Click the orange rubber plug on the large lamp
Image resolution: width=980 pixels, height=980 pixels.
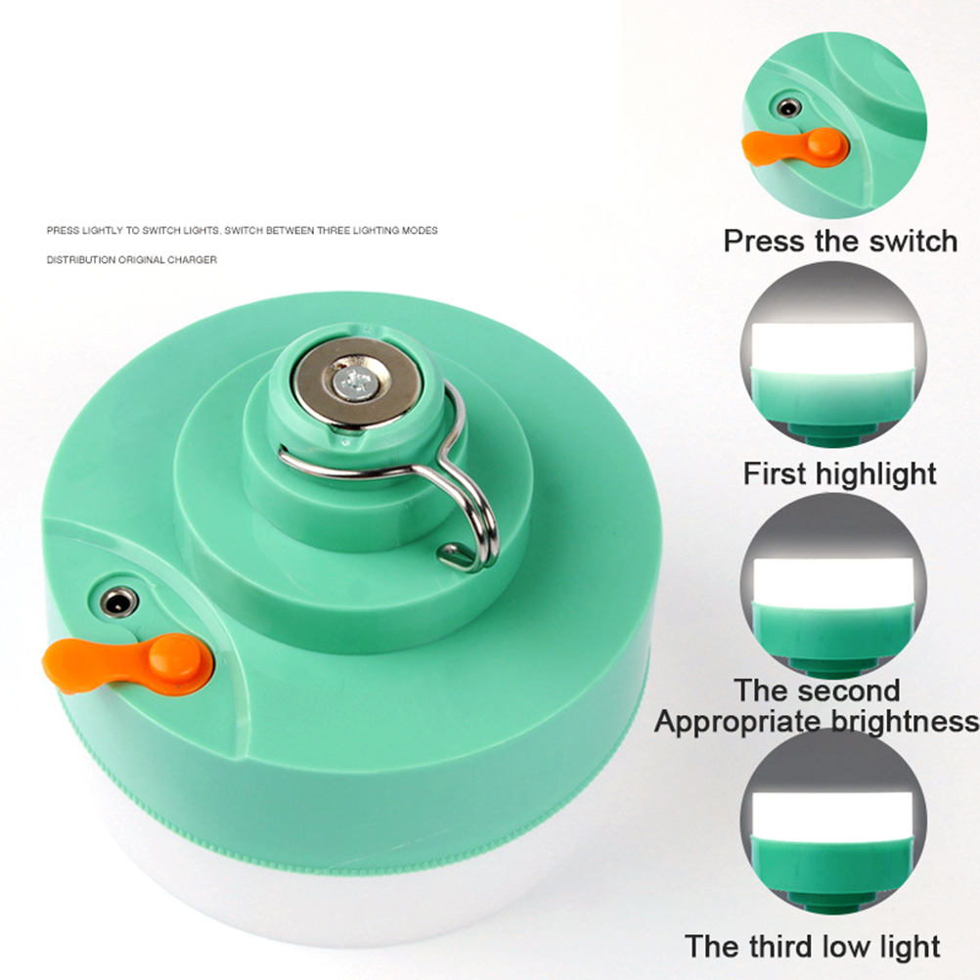tap(128, 664)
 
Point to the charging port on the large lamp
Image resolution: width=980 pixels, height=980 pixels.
tap(118, 601)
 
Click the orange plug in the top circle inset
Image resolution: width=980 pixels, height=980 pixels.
tap(795, 148)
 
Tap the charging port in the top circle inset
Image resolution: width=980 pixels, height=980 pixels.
tap(789, 108)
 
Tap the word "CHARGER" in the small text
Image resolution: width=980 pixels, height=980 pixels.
tap(192, 260)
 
